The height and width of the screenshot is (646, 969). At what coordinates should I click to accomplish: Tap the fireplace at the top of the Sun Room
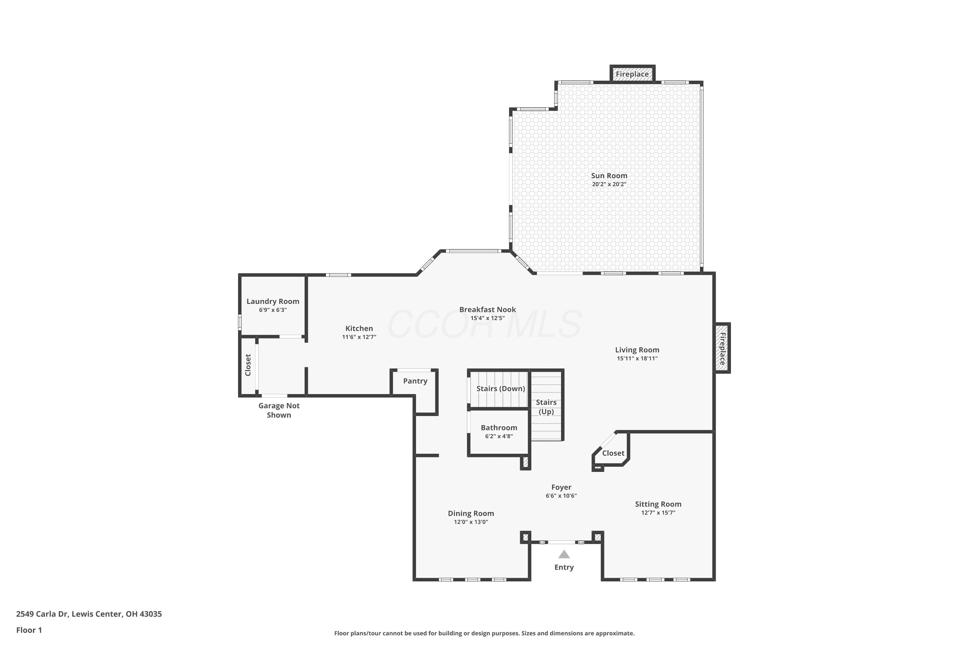(x=632, y=74)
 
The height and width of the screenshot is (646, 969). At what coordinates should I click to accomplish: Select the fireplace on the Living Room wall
(x=722, y=348)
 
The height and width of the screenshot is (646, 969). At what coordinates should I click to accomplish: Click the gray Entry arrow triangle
(x=564, y=554)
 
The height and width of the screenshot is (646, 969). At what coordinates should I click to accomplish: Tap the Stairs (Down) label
(x=501, y=389)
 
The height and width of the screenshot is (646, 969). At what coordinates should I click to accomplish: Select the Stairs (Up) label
(x=546, y=407)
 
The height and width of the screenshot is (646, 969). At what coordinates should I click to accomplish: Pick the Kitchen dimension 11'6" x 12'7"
(x=359, y=337)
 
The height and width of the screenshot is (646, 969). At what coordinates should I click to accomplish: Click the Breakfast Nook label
(x=487, y=309)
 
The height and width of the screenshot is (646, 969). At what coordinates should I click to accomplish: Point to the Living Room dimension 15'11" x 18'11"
(x=637, y=359)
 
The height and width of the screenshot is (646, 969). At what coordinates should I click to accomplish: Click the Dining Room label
(x=471, y=513)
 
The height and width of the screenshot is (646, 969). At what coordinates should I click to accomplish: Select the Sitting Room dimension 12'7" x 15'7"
(x=658, y=513)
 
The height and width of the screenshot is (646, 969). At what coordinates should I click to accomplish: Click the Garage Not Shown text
(x=279, y=410)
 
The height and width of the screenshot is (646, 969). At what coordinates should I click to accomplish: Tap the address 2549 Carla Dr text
(x=42, y=614)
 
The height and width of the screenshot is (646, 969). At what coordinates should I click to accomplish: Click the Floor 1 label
(x=29, y=630)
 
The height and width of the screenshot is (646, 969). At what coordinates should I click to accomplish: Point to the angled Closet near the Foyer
(x=613, y=453)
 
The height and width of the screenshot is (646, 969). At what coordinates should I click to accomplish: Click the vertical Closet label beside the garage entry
(x=248, y=365)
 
